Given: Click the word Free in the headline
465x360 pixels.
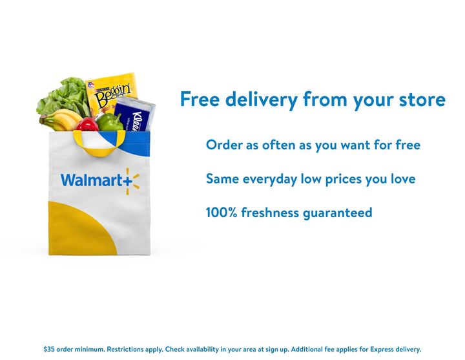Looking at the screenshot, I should pos(197,100).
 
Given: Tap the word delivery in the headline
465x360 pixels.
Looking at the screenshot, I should pos(255,100).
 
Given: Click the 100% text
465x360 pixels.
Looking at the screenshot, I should pos(221,213).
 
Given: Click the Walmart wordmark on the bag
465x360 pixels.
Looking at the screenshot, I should pos(93,180).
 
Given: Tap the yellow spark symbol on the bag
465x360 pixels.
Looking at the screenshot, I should pos(132,181).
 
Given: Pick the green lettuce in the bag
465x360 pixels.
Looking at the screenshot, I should pos(61,97).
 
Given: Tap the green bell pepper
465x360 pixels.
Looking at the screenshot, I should pos(110,122).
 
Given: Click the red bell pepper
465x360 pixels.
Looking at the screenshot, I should pos(87,124).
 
